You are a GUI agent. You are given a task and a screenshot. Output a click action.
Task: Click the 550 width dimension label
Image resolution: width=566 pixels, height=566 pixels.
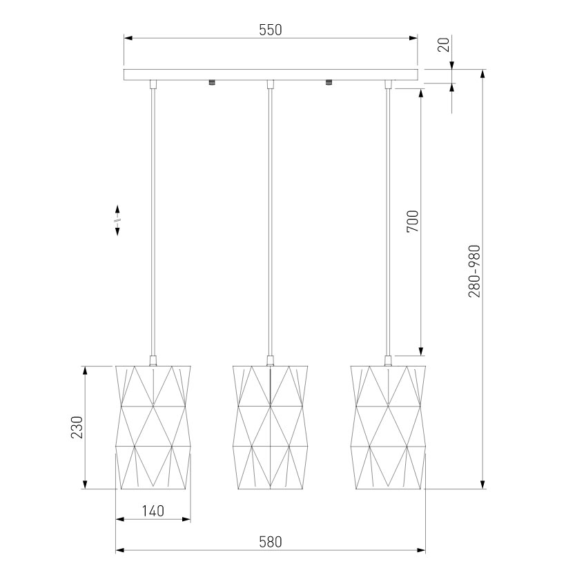[x=271, y=30]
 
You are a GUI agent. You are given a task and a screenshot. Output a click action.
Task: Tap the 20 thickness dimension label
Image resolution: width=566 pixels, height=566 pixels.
[x=444, y=44]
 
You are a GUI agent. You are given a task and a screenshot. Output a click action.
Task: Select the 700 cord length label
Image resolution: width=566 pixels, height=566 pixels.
[x=413, y=221]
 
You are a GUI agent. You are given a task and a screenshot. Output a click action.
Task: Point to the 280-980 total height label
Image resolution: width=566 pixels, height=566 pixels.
[x=474, y=271]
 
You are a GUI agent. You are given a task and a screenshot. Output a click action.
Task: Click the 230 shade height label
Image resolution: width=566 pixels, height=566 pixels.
[x=77, y=427]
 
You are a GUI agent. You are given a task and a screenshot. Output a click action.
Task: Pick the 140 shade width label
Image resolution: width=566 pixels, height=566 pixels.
[x=153, y=511]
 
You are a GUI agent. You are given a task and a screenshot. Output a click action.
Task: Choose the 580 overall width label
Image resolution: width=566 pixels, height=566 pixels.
[x=271, y=542]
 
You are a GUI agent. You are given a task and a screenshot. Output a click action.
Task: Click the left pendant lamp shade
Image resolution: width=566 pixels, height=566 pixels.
[x=153, y=428]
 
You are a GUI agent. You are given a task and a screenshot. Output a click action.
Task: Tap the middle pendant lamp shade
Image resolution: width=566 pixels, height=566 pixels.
[x=271, y=428]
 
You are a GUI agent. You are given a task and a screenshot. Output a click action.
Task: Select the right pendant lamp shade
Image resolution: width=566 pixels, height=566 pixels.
[x=388, y=428]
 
